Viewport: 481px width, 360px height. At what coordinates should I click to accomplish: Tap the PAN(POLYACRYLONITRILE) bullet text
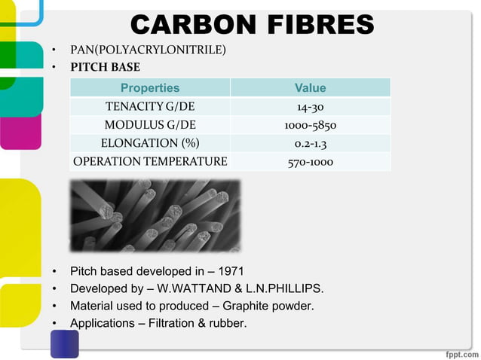coord(148,50)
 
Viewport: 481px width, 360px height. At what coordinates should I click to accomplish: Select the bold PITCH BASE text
coord(105,67)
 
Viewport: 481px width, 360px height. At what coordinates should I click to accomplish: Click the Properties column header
coord(150,88)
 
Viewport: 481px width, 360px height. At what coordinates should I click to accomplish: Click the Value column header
coord(310,88)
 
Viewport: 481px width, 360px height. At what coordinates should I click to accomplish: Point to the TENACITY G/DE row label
coord(150,106)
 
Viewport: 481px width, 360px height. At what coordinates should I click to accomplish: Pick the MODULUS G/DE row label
coord(150,124)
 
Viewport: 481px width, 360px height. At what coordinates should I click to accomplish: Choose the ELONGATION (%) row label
coord(150,143)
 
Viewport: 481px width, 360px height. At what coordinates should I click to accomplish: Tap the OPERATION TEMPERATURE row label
coord(150,161)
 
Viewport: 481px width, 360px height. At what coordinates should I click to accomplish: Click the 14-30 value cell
coord(310,106)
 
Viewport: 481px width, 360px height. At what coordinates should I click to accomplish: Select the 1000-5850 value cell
coord(310,124)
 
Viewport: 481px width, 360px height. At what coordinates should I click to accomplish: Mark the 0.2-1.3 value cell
coord(310,143)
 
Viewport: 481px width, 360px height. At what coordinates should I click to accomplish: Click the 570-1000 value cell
coord(310,161)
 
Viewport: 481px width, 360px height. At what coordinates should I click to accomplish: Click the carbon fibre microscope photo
coord(155,215)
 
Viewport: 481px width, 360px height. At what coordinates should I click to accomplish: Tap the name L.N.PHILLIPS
coord(285,288)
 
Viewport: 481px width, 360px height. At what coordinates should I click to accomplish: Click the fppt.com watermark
coord(457,352)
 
